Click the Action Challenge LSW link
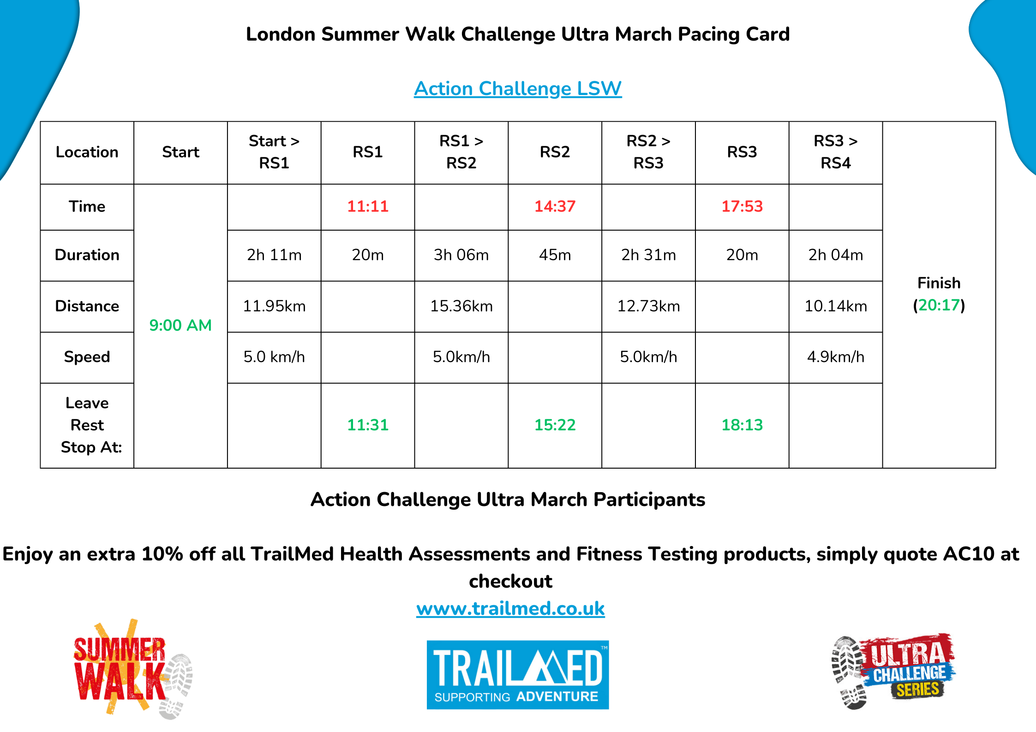(x=518, y=89)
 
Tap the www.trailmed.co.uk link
(x=510, y=608)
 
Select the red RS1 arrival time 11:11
(x=368, y=206)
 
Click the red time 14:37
(x=555, y=206)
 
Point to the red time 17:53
(x=742, y=206)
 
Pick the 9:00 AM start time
(x=180, y=325)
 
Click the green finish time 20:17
(x=939, y=305)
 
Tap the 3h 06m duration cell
(x=461, y=255)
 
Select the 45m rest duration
(x=555, y=255)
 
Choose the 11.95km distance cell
(x=274, y=306)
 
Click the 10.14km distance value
(x=836, y=306)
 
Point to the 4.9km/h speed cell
(x=836, y=357)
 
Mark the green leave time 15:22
(x=555, y=425)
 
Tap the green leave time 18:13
(x=742, y=425)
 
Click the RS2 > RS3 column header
(x=648, y=152)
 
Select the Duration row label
(x=87, y=255)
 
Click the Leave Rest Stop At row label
(x=87, y=425)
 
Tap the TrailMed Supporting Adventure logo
(x=518, y=674)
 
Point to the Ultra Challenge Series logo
(x=892, y=671)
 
